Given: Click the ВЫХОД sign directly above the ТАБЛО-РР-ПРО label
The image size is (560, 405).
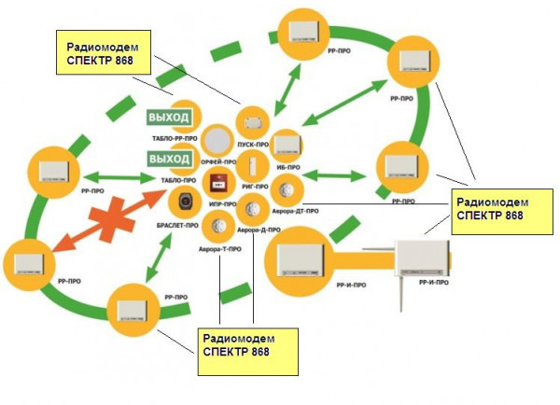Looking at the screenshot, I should click(x=169, y=118).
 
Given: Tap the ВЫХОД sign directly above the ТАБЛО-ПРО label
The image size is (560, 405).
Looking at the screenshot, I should click(x=169, y=159).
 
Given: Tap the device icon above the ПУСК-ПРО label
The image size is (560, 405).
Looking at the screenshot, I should click(x=252, y=122).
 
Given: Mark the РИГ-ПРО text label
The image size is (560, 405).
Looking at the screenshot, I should click(x=254, y=186).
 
